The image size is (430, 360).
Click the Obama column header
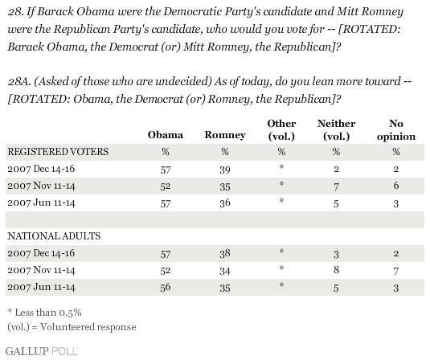[x=165, y=135]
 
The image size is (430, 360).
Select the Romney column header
[x=225, y=135]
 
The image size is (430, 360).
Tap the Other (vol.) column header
[x=281, y=129]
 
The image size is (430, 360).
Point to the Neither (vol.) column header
[x=336, y=129]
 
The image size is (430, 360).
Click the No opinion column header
[x=396, y=129]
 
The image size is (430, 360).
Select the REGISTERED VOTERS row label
[x=58, y=152]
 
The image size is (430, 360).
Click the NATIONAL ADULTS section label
[x=54, y=236]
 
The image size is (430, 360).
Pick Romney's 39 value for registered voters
[x=225, y=170]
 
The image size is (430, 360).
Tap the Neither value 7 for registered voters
[x=336, y=186]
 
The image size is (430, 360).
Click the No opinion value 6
[x=396, y=186]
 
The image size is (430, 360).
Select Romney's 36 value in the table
[x=225, y=203]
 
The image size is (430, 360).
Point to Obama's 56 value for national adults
[x=166, y=287]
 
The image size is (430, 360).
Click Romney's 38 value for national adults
[x=225, y=253]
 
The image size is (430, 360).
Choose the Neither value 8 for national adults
[x=336, y=270]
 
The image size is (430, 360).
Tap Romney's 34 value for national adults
[x=225, y=271]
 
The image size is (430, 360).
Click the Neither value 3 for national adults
[x=336, y=255]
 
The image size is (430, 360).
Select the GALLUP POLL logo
[x=42, y=351]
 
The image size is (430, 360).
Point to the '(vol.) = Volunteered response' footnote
[x=72, y=327]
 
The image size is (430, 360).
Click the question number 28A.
[x=19, y=81]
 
